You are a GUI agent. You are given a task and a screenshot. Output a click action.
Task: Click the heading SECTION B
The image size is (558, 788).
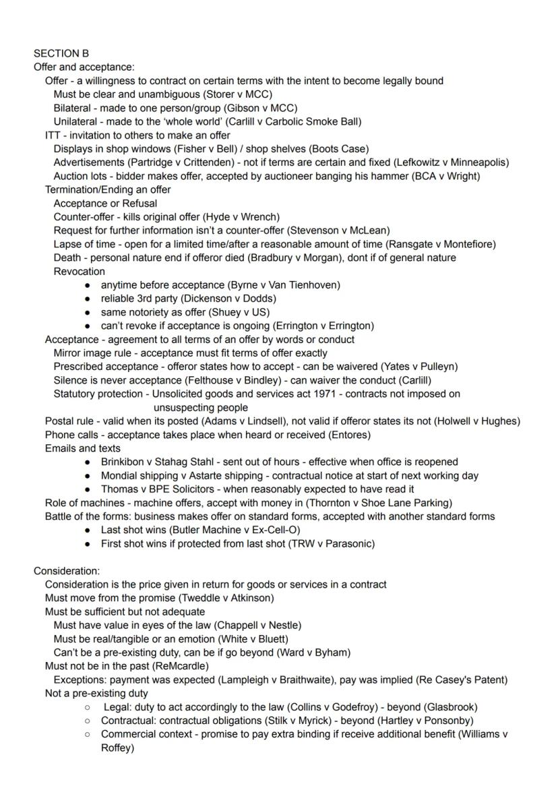pyautogui.click(x=61, y=53)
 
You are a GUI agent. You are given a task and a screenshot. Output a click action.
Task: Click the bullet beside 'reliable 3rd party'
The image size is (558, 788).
pyautogui.click(x=88, y=299)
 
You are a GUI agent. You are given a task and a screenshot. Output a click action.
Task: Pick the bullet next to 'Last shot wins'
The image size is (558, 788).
pyautogui.click(x=88, y=530)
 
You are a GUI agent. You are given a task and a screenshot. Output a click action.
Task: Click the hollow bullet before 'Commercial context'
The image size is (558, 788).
pyautogui.click(x=88, y=734)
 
